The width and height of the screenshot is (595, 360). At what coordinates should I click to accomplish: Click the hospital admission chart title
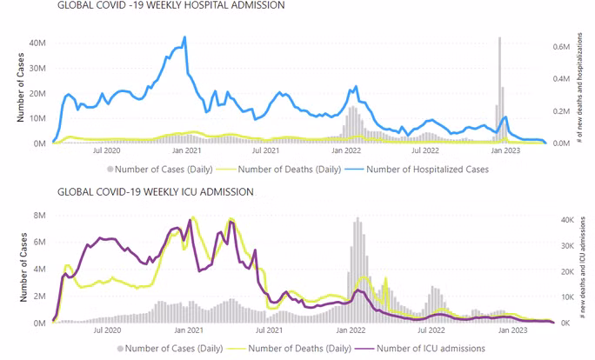pyautogui.click(x=170, y=5)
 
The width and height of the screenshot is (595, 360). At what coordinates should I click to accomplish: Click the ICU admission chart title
pyautogui.click(x=156, y=192)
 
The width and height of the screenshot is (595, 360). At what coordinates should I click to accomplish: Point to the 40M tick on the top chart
pyautogui.click(x=37, y=43)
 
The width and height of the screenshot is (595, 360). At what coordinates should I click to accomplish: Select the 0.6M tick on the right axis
pyautogui.click(x=561, y=47)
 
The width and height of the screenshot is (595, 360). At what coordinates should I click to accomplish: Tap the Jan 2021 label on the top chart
pyautogui.click(x=186, y=150)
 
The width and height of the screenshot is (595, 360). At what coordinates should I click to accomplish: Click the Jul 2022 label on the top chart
pyautogui.click(x=425, y=150)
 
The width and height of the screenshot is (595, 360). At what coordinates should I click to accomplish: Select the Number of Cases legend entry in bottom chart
pyautogui.click(x=170, y=348)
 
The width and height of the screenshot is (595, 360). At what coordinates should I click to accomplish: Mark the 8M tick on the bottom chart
pyautogui.click(x=39, y=216)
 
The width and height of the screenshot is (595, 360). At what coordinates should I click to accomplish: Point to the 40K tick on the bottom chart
pyautogui.click(x=567, y=220)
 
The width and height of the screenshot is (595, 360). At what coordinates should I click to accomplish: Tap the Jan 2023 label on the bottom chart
pyautogui.click(x=512, y=330)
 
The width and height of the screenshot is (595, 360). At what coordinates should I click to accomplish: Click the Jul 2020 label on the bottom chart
pyautogui.click(x=107, y=330)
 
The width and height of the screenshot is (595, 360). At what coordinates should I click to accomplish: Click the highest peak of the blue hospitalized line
pyautogui.click(x=184, y=37)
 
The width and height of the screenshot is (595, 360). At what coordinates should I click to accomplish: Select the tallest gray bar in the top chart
pyautogui.click(x=500, y=90)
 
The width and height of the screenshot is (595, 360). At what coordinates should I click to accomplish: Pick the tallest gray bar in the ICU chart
pyautogui.click(x=358, y=270)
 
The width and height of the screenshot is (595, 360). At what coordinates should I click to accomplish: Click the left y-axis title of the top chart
pyautogui.click(x=21, y=87)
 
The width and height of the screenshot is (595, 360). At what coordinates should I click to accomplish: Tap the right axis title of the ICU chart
pyautogui.click(x=583, y=267)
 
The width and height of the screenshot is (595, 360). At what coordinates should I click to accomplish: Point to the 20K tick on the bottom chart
pyautogui.click(x=567, y=271)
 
